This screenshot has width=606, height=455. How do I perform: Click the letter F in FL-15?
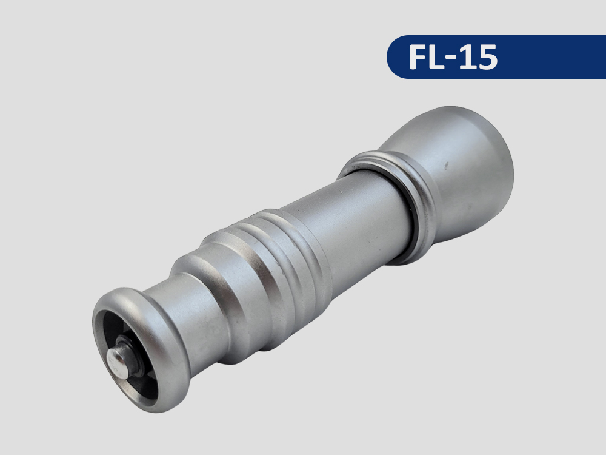[418, 57]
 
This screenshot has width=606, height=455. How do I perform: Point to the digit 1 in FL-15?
[465, 57]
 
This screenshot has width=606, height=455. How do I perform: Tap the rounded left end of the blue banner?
[395, 57]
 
